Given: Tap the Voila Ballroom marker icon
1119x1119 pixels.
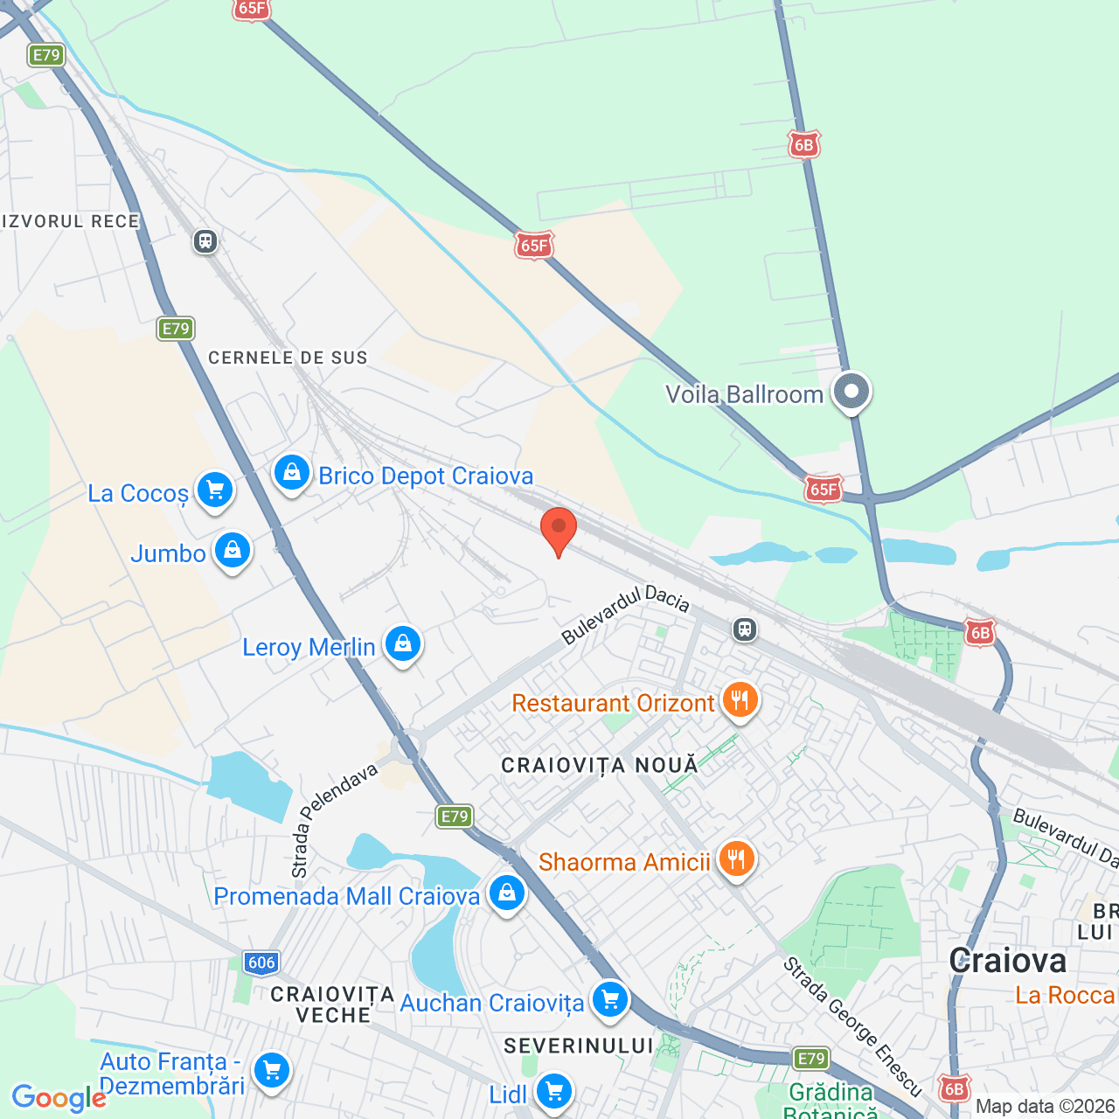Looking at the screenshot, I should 851,393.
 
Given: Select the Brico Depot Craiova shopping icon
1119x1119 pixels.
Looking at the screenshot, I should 291,474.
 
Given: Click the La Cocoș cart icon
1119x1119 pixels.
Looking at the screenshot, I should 214,491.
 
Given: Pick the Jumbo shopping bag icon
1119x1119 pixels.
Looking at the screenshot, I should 233,552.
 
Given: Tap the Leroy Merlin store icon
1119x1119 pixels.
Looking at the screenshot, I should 402,645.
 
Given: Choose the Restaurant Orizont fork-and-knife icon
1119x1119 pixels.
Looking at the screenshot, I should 740,701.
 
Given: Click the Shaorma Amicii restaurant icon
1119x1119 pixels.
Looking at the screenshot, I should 736,860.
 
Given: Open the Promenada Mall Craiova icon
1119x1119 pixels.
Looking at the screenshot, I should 506,894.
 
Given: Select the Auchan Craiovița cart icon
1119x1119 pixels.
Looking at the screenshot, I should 609,1000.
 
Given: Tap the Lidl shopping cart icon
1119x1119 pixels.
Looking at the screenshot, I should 553,1092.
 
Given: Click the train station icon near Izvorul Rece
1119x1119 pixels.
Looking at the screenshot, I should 205,240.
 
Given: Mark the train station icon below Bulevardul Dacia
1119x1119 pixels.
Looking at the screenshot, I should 745,629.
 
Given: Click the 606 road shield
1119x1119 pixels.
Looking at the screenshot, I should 261,963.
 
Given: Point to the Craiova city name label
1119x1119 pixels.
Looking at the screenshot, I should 1007,961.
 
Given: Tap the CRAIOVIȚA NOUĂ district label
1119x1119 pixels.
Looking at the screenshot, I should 600,766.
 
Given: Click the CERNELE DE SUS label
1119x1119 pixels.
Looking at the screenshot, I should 288,358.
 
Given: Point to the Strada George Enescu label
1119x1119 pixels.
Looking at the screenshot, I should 851,1026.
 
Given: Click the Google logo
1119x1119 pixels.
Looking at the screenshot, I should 59,1098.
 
